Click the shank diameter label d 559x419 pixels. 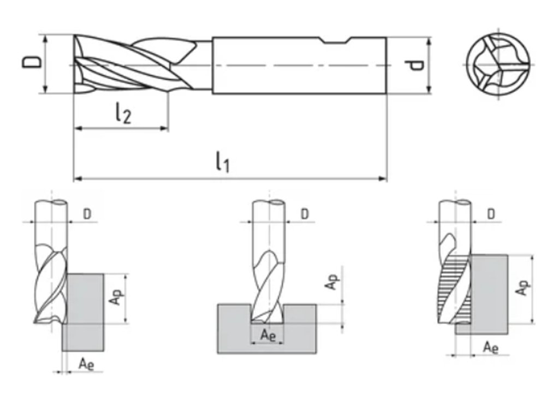416,65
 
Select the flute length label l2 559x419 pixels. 123,114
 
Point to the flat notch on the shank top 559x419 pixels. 335,41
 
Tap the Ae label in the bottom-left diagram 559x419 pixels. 86,363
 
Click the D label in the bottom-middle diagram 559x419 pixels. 305,213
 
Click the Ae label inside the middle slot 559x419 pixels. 267,335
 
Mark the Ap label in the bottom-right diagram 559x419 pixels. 523,288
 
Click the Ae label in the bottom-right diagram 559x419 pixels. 491,347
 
